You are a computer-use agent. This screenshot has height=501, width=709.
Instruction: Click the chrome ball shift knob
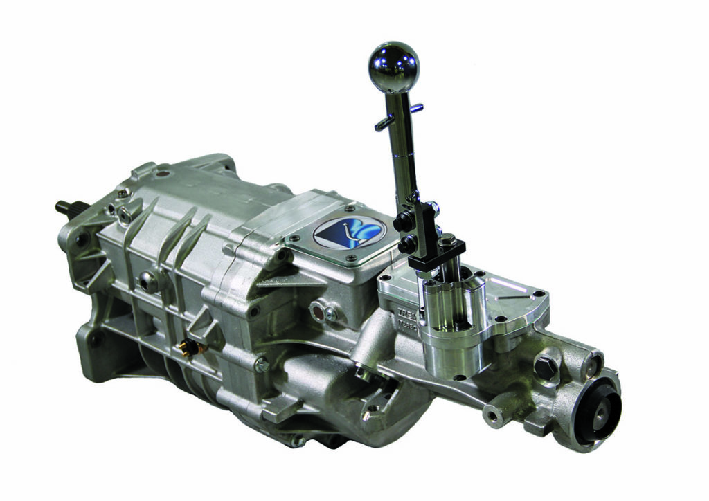point(393,66)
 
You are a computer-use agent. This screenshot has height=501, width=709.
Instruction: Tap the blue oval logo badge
point(348,233)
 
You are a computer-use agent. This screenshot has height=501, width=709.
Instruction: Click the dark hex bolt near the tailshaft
point(544,366)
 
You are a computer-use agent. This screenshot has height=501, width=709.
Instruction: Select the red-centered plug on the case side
point(318,311)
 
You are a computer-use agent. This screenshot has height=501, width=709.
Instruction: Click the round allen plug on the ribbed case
point(147,281)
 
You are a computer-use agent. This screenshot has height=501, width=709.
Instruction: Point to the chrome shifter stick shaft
point(404,152)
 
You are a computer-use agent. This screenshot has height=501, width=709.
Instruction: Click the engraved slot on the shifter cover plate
point(505,289)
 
